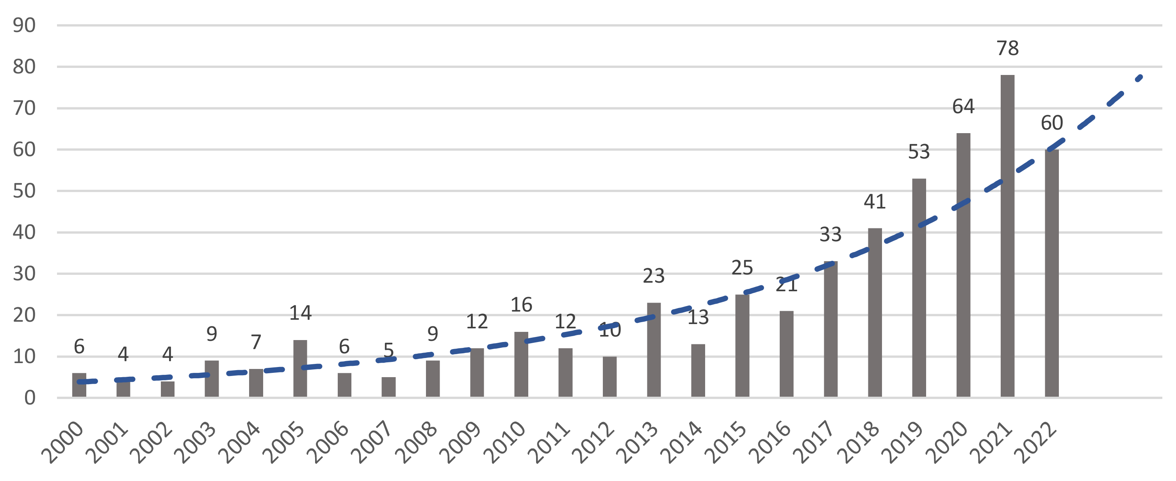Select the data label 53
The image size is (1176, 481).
(919, 152)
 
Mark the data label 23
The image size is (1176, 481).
(653, 276)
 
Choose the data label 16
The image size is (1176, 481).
(521, 305)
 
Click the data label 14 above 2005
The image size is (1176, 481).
(300, 313)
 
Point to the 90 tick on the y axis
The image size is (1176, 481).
(24, 25)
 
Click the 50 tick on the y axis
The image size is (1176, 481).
(24, 191)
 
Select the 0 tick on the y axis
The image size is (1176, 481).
(30, 398)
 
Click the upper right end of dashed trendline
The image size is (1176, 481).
(1140, 77)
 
